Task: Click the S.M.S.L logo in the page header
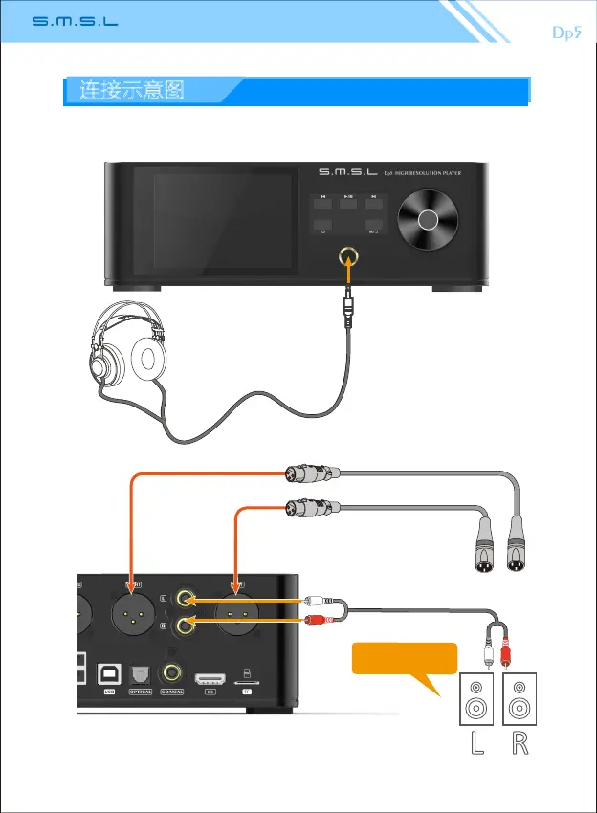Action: [76, 22]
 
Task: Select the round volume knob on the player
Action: [428, 220]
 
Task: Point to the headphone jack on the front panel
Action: [347, 256]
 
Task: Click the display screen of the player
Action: [213, 221]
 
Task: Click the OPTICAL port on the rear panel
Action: [141, 676]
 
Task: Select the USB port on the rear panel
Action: [108, 676]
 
